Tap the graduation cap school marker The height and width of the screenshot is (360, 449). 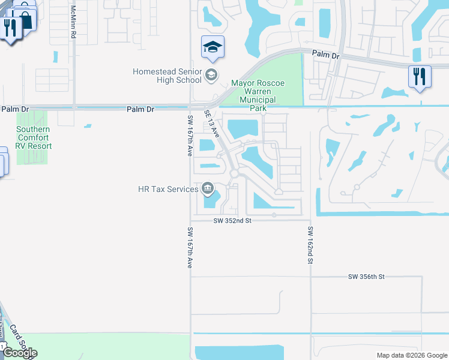click(213, 47)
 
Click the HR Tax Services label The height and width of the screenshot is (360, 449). click(168, 189)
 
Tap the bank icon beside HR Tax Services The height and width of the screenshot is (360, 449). click(208, 189)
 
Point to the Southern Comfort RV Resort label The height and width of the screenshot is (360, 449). click(34, 137)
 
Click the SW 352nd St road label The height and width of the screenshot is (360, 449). click(232, 221)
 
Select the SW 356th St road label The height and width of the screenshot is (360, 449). click(366, 277)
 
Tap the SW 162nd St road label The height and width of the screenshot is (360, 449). click(310, 245)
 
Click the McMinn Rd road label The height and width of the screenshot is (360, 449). click(73, 22)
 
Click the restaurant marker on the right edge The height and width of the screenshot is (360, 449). click(419, 77)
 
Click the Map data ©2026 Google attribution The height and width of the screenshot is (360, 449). click(411, 355)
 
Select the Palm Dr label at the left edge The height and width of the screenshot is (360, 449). click(14, 109)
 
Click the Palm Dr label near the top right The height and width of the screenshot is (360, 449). click(326, 55)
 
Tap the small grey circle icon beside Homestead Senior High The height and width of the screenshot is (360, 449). click(211, 76)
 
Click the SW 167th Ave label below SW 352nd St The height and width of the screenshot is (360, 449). click(190, 247)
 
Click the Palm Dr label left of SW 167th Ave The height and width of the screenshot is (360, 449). click(140, 109)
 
